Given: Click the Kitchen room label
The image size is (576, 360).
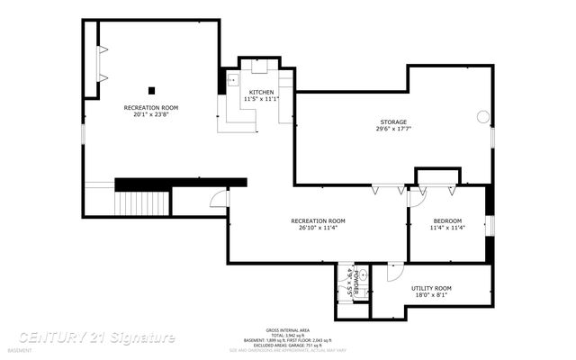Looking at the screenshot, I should point(262,92).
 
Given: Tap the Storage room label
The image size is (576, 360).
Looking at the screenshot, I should point(392,121).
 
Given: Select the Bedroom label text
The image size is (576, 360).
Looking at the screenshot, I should point(447,221).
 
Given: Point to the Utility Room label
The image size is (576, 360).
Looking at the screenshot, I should point(433,288).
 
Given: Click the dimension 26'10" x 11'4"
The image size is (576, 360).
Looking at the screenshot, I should point(318,228).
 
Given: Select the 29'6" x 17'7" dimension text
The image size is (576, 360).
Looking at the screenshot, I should point(392,129).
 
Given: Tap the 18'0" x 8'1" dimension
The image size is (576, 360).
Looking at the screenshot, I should point(433,295).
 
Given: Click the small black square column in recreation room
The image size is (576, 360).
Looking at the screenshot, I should point(151,89).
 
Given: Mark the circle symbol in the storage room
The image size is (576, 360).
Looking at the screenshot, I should point(483,116).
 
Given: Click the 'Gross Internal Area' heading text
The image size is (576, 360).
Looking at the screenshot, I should point(287,330).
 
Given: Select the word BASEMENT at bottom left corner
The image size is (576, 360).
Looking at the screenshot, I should point(19,350).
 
